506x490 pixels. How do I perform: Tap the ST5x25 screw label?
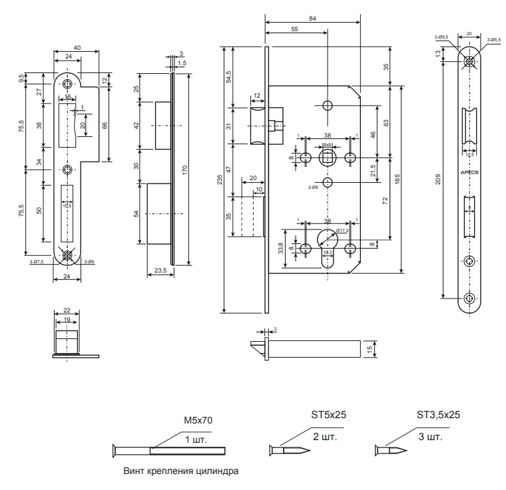[x=329, y=414]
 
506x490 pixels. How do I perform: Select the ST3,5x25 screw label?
[x=439, y=414]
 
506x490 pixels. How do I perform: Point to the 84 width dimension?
[x=313, y=19]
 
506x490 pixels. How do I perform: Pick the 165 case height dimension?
[x=397, y=180]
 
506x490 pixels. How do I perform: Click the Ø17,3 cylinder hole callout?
[x=343, y=230]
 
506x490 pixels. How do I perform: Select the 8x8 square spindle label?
[x=328, y=144]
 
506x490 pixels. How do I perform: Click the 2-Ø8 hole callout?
[x=312, y=188]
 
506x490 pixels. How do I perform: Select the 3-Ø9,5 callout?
[x=441, y=37]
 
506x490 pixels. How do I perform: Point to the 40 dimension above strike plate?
[x=77, y=47]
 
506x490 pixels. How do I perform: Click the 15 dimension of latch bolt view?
[x=369, y=348]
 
